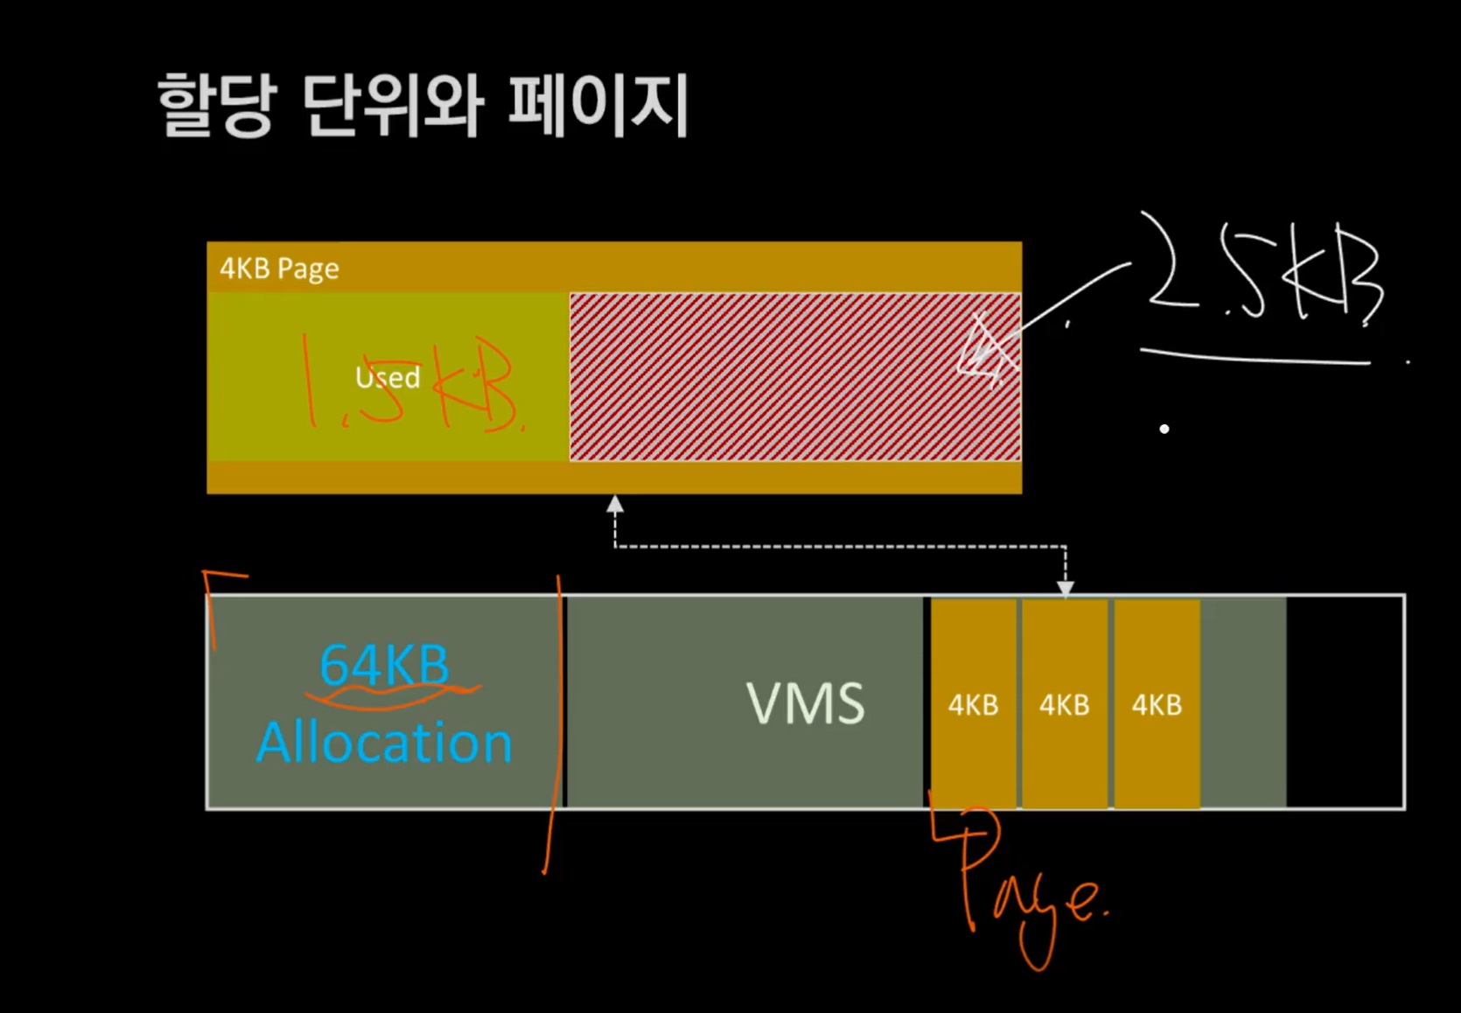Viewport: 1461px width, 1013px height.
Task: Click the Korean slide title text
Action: (422, 106)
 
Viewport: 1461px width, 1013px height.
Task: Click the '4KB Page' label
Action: (279, 269)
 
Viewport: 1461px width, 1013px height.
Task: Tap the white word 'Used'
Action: (388, 377)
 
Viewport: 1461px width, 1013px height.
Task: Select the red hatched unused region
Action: (770, 376)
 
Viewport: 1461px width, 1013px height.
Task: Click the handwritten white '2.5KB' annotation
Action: (1264, 271)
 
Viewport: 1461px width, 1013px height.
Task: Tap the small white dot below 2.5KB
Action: (1164, 429)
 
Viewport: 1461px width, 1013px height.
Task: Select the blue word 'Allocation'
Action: (384, 743)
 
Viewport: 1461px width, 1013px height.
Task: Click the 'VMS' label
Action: (805, 702)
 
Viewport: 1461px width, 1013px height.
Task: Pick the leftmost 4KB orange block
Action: (973, 704)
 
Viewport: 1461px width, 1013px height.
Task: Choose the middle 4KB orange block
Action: (1064, 704)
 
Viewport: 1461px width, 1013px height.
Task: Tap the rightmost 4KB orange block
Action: (1157, 704)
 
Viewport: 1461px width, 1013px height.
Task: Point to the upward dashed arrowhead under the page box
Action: (615, 505)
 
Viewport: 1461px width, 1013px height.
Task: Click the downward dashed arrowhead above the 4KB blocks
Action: (1065, 588)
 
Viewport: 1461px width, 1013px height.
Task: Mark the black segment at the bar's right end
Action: (1345, 702)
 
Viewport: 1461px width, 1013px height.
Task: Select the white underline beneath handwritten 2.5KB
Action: (1255, 357)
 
